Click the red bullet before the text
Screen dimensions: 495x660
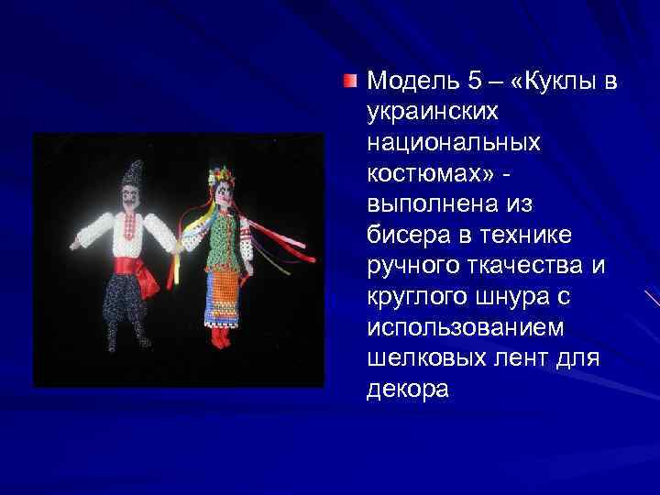coord(349,82)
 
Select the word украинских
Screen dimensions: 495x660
coord(433,113)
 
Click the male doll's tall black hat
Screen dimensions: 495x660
coord(135,170)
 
